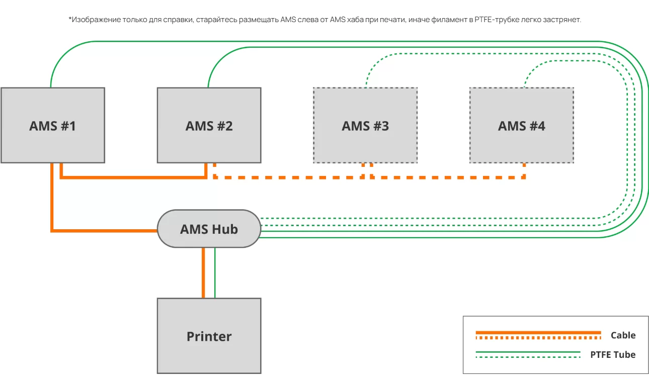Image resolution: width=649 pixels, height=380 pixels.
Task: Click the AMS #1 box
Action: [52, 125]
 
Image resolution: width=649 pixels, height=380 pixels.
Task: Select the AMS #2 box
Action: [209, 125]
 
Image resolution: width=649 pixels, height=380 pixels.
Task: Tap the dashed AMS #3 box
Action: [365, 125]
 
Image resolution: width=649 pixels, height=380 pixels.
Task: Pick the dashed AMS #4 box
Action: [521, 125]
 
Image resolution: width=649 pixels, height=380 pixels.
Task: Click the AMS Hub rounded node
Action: [209, 229]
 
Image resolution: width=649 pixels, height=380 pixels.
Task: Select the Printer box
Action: [209, 336]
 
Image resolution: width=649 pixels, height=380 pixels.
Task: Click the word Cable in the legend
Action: [623, 335]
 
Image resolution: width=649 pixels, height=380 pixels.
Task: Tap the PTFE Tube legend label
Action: [612, 354]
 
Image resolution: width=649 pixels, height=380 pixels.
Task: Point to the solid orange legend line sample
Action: [538, 332]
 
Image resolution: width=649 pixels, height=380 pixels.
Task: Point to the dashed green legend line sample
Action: [528, 357]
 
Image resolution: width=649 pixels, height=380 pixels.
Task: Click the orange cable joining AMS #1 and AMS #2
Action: [133, 177]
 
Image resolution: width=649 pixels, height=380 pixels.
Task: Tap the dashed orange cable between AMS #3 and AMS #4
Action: [448, 177]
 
